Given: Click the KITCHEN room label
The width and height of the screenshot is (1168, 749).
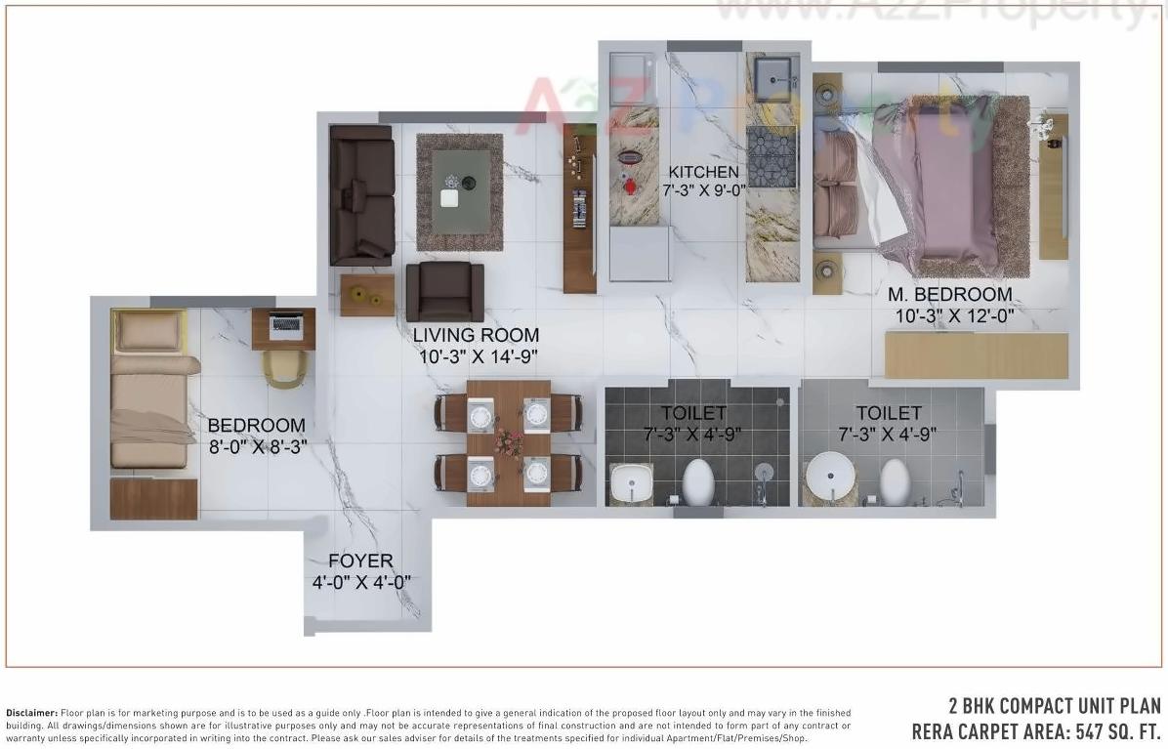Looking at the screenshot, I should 702,173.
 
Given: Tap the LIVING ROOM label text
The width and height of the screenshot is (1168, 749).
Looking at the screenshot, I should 476,336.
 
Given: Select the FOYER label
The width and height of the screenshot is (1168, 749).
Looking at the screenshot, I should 360,562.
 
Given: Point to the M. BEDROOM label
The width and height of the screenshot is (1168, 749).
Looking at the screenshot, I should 949,295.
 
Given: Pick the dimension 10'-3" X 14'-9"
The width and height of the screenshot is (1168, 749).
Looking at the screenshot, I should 476,356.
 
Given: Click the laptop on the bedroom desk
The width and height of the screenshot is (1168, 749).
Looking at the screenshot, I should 286,324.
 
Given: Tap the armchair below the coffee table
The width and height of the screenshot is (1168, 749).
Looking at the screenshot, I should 444,290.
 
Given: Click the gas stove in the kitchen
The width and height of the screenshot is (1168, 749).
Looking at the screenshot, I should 772,156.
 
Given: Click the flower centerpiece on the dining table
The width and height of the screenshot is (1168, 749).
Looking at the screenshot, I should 508,442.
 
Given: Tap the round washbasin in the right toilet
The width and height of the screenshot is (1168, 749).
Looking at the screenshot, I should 830,476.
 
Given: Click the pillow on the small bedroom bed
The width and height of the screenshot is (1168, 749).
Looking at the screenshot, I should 149,333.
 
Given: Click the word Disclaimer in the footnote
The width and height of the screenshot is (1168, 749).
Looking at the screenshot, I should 32,713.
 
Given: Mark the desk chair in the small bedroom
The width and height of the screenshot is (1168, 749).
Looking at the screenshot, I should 284,367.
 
